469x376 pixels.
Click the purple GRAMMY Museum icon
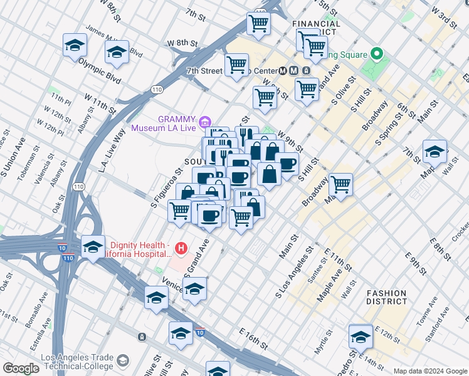(x=204, y=121)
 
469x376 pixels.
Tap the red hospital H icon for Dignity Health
(x=181, y=249)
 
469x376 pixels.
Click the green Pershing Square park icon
(x=377, y=55)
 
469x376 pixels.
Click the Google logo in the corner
(x=21, y=368)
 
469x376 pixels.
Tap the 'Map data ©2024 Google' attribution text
(x=429, y=371)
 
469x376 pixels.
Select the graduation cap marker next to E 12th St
(x=361, y=337)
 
